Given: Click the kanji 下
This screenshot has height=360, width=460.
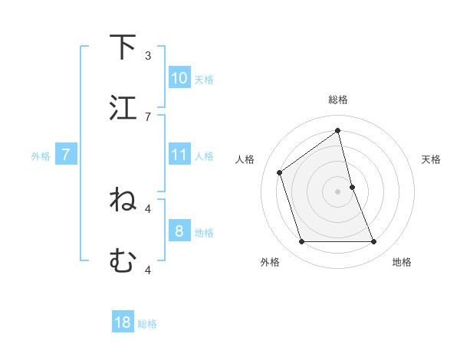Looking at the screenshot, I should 123,47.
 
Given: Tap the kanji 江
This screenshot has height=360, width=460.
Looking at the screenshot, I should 123,107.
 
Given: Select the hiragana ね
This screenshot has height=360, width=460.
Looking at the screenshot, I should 123,201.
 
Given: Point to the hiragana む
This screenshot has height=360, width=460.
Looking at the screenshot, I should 123,261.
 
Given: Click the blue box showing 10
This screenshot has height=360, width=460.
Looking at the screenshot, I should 179,78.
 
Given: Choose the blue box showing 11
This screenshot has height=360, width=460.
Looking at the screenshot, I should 179,155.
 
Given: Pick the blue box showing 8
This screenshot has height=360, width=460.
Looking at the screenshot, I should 179,231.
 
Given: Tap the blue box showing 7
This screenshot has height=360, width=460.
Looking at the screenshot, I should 66,155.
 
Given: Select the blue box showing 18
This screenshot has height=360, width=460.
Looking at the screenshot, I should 123,322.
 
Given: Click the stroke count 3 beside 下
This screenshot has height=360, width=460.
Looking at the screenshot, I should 148,56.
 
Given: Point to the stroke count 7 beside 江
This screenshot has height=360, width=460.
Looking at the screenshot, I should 148,116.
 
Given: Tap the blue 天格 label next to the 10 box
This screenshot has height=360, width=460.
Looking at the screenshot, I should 203,79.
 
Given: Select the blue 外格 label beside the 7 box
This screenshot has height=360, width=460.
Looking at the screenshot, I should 41,156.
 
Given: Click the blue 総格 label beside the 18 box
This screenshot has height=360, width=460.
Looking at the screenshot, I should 147,323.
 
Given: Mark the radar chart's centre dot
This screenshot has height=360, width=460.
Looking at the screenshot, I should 337,191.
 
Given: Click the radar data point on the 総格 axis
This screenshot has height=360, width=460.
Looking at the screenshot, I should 337,130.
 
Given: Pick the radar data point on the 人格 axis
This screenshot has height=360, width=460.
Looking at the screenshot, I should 280,172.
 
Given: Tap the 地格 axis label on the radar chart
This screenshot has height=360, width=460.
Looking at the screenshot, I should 402,263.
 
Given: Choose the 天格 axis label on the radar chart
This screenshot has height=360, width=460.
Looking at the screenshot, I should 431,159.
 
